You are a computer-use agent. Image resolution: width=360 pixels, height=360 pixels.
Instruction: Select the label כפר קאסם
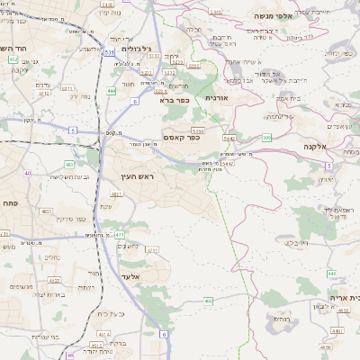(x=181, y=137)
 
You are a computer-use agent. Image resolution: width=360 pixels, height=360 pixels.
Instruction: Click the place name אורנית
(x=219, y=97)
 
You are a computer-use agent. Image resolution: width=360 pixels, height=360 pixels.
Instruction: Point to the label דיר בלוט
(x=296, y=241)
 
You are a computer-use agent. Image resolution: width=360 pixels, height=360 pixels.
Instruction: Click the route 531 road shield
(x=109, y=53)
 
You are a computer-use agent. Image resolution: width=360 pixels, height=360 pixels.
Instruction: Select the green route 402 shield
(x=13, y=59)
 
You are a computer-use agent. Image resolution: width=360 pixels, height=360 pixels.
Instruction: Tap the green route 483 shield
(x=69, y=164)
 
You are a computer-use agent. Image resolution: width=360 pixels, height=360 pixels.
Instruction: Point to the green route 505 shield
(x=267, y=138)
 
